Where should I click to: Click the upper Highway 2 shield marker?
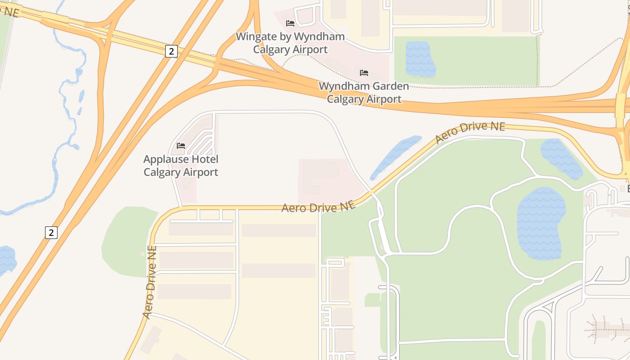171,51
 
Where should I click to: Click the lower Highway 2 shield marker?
51,232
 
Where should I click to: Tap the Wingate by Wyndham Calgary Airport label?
290,43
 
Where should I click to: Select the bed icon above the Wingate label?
290,23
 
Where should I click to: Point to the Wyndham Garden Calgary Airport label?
364,92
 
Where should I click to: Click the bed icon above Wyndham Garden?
364,72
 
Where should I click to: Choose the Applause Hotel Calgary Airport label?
181,166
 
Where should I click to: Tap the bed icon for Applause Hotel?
181,146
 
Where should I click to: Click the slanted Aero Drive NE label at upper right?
470,132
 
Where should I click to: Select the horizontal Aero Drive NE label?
319,207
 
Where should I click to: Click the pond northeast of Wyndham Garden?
420,58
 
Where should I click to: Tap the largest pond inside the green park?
541,223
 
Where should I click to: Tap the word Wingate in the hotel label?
255,36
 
